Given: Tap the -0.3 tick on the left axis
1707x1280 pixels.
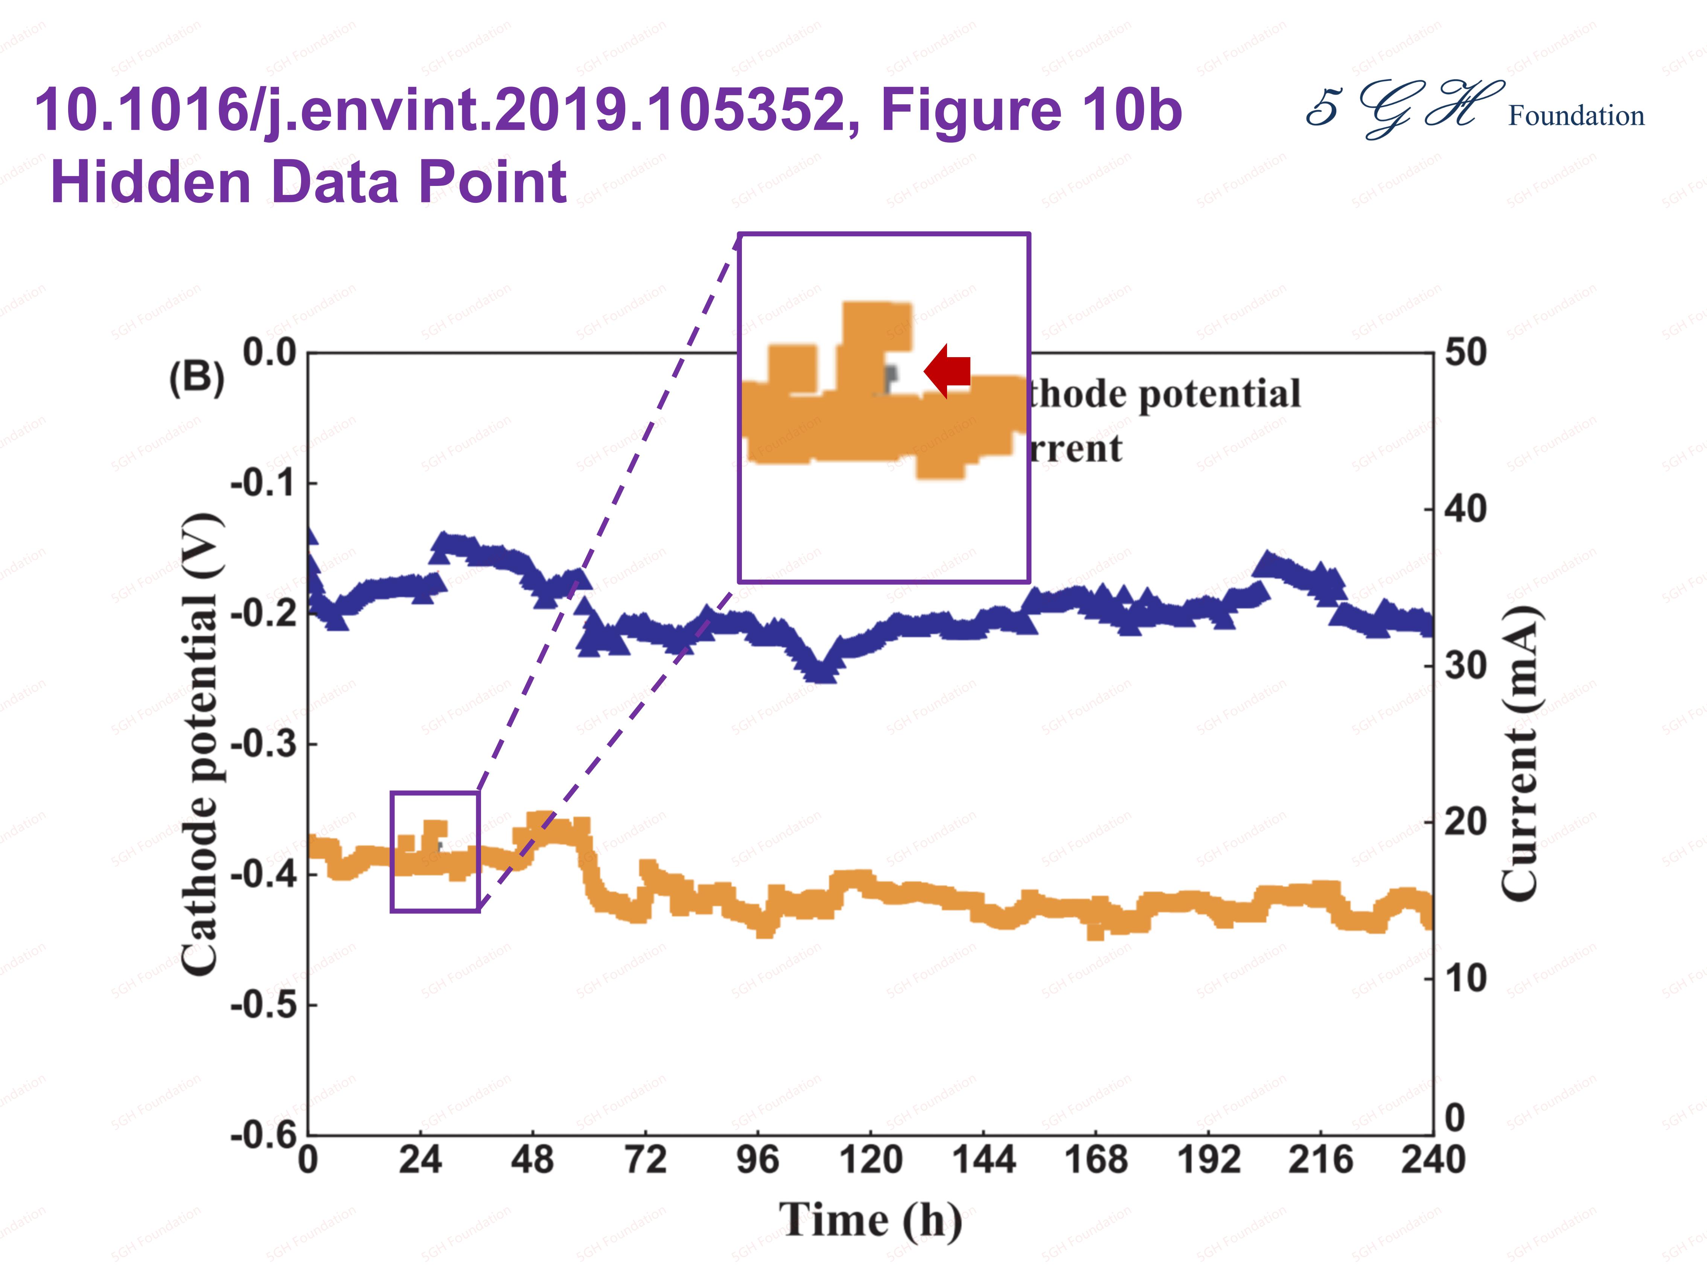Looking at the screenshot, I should coord(263,744).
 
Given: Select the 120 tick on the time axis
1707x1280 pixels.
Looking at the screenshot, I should coord(871,1160).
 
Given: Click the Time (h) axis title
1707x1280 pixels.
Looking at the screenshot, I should coord(871,1221).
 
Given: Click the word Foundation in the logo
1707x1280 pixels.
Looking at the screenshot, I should coord(1576,116).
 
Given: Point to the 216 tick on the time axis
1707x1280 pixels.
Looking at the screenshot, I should coord(1320,1160).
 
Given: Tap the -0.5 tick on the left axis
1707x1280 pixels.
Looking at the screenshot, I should coord(263,1005).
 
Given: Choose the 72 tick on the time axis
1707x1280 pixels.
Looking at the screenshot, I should coord(645,1160).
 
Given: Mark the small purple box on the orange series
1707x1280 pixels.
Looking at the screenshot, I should coord(435,852).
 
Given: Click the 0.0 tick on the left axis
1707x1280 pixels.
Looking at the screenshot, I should coord(270,353).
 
